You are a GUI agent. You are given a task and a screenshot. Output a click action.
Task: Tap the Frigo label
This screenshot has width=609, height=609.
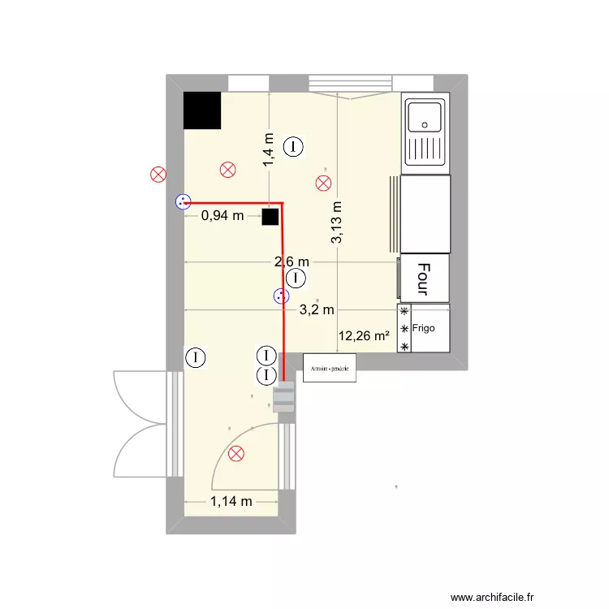pos(423,328)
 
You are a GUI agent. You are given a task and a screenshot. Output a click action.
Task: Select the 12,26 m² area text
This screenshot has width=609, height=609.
pos(364,334)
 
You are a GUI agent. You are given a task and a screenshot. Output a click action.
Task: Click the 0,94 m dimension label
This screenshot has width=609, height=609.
pos(222,215)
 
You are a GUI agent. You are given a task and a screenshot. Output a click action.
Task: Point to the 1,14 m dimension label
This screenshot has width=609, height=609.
pos(231,501)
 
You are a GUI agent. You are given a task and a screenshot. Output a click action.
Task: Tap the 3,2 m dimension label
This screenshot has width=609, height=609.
pos(317,309)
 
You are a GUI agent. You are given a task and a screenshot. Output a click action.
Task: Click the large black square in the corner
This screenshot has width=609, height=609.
pos(202,110)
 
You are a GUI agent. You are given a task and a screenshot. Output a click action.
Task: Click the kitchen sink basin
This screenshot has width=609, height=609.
pos(425,117)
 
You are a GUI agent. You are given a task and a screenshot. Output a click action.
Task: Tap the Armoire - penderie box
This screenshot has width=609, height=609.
pos(330,368)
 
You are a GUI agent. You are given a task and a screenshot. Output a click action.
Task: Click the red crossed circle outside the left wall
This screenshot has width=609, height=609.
pos(158,173)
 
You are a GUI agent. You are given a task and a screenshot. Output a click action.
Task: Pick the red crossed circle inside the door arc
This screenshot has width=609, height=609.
pos(236,453)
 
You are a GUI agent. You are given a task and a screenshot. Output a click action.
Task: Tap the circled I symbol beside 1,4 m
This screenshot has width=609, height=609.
pos(294,146)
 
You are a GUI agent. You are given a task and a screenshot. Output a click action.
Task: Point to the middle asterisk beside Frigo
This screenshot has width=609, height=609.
pos(404,328)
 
